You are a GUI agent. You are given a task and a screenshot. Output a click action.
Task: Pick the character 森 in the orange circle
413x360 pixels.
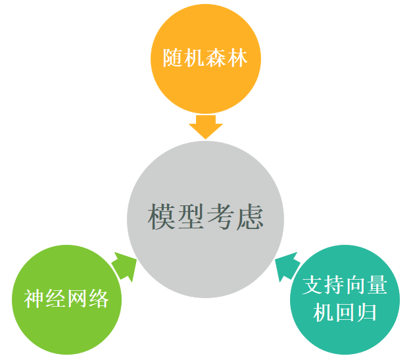[219, 58]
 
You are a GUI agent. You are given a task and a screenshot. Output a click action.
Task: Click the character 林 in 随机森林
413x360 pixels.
[247, 58]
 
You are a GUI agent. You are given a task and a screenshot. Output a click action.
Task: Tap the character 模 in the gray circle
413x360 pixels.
[162, 217]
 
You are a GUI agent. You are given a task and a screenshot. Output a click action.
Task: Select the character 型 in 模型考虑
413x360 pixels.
[191, 217]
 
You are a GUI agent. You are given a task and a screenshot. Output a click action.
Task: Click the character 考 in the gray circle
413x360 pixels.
[220, 217]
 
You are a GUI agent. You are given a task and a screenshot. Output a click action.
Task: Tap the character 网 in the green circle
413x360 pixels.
[80, 299]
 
